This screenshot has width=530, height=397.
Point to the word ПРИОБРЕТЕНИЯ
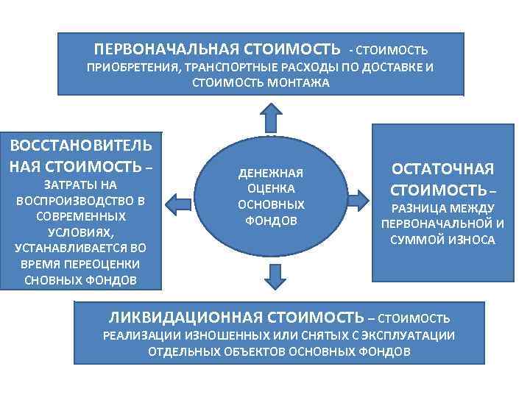[130, 68]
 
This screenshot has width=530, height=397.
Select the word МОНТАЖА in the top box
[303, 83]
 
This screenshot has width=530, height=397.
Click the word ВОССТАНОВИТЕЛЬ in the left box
[81, 143]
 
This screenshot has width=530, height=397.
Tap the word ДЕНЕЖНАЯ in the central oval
[271, 174]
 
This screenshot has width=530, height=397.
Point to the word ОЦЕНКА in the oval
[271, 189]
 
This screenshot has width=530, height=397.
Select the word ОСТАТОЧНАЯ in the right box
[442, 168]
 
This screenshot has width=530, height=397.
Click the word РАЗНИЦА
[411, 209]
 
